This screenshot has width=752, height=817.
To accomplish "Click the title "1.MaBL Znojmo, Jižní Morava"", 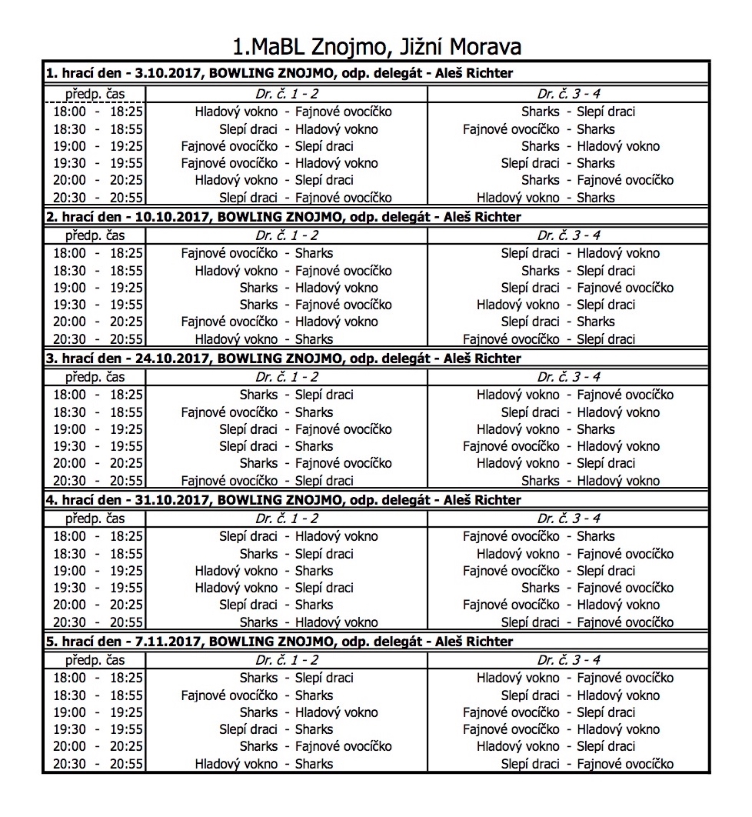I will pyautogui.click(x=376, y=46).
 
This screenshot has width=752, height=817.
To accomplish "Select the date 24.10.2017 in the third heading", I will pyautogui.click(x=172, y=358).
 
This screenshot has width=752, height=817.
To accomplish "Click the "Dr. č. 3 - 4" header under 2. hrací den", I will pyautogui.click(x=568, y=235).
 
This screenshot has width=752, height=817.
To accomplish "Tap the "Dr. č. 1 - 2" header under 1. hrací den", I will pyautogui.click(x=286, y=94).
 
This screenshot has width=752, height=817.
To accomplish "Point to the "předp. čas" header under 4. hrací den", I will pyautogui.click(x=95, y=519).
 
